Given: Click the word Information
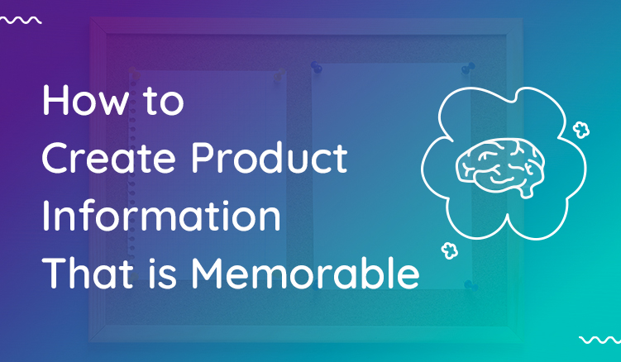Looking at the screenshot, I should [x=161, y=217].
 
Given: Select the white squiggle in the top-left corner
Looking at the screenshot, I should [x=21, y=19].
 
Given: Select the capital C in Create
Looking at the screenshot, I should [x=55, y=160].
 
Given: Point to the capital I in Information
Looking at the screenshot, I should [x=45, y=217].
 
